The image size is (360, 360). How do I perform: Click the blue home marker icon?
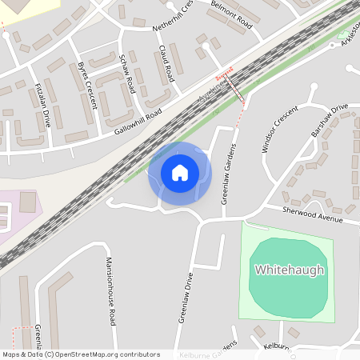click(179, 172)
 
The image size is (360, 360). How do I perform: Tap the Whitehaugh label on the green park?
click(290, 270)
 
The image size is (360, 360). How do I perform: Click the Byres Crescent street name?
click(87, 82)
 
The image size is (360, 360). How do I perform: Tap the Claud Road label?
click(166, 64)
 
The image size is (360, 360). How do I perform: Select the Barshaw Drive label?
click(330, 120)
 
